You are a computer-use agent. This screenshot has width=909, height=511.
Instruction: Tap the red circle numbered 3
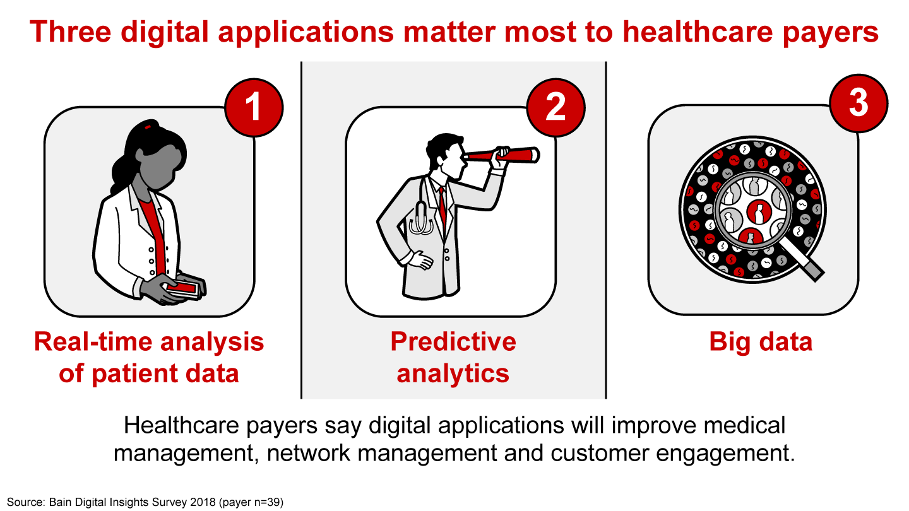(858, 103)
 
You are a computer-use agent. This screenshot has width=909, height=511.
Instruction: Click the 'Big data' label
(761, 341)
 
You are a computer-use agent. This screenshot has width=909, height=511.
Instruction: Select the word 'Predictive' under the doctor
(453, 341)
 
